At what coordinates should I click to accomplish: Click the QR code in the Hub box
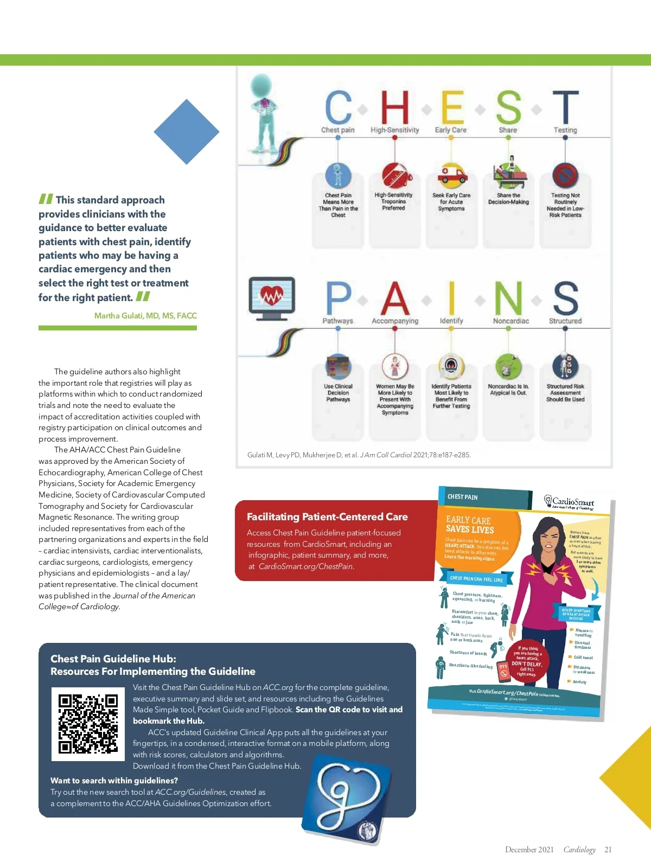click(88, 724)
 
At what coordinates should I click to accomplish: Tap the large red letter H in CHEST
click(394, 107)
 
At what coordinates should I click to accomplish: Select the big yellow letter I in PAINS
click(451, 298)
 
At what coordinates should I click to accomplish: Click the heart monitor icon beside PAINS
click(271, 298)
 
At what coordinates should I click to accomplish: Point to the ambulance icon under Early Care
click(451, 175)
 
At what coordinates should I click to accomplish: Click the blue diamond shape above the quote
click(186, 132)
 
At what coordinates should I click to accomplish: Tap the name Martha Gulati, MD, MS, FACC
click(145, 316)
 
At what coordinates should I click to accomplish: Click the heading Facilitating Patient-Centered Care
click(327, 517)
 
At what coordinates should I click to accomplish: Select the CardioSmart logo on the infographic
click(569, 502)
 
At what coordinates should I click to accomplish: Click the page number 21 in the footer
click(608, 850)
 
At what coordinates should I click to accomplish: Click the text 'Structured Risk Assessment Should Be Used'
click(565, 393)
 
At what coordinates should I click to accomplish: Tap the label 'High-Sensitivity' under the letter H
click(394, 130)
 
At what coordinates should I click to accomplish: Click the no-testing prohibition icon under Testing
click(565, 175)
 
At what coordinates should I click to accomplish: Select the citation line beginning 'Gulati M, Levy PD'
click(359, 455)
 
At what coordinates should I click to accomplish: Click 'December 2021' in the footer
click(529, 850)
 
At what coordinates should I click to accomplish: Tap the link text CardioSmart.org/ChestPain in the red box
click(306, 566)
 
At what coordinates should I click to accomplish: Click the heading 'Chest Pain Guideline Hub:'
click(113, 659)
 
